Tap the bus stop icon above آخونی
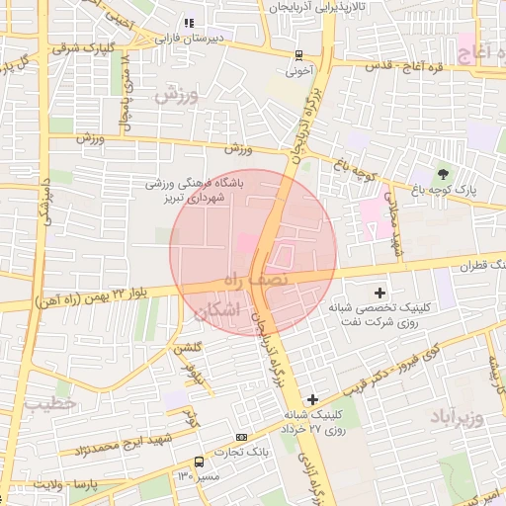[x=298, y=55]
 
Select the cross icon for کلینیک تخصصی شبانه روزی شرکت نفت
[x=380, y=293]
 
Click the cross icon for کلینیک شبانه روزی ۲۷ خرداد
[x=312, y=399]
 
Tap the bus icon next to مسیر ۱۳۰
[x=200, y=462]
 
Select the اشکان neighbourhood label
[x=217, y=311]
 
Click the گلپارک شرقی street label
[x=85, y=46]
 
